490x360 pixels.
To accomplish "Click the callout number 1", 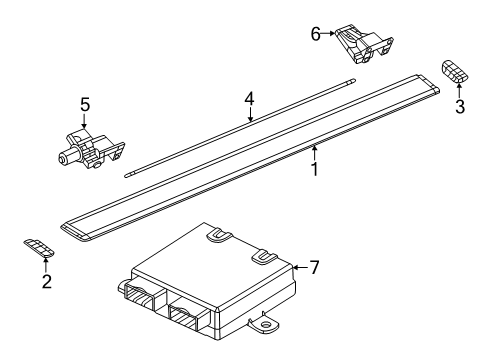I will click(x=314, y=170).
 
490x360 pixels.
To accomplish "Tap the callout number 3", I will click(x=459, y=107).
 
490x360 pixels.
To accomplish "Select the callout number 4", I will click(x=250, y=99).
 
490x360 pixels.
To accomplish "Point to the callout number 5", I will click(x=85, y=103).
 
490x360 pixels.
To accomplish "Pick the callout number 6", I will click(x=316, y=33).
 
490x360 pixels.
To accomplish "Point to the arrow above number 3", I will click(x=459, y=90).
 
